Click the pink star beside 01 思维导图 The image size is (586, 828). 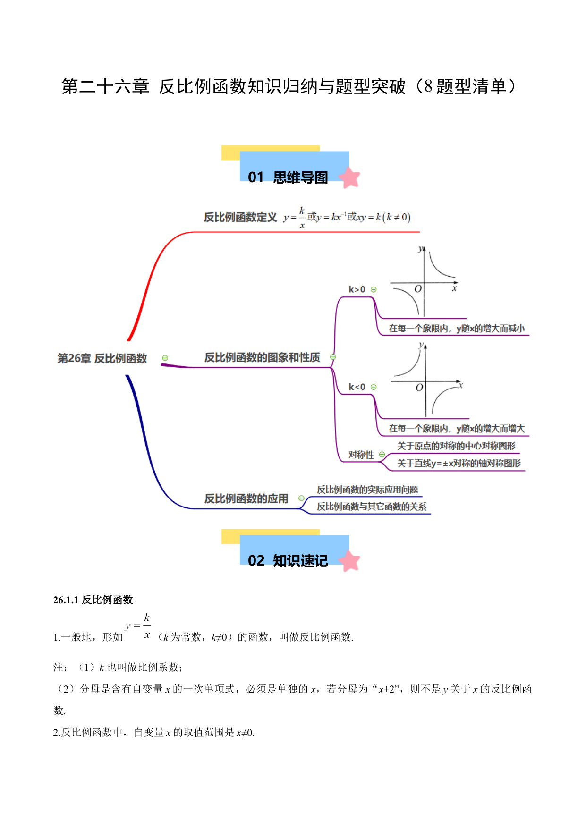click(350, 177)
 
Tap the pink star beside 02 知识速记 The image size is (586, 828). click(350, 561)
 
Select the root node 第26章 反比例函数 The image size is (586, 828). click(102, 358)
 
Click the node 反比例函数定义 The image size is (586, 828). click(240, 217)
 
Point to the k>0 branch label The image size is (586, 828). click(357, 289)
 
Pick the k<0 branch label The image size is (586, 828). click(357, 387)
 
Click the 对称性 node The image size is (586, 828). click(361, 455)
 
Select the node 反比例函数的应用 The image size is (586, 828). click(246, 498)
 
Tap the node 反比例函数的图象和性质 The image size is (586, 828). click(262, 357)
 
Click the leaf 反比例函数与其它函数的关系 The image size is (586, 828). click(372, 507)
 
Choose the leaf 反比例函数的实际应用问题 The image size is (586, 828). click(367, 490)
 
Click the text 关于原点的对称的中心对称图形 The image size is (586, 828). click(456, 446)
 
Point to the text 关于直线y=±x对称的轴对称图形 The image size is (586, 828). click(459, 463)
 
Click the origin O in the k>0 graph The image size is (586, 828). click(418, 289)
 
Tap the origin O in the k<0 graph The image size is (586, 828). click(419, 388)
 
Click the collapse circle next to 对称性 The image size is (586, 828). click(382, 455)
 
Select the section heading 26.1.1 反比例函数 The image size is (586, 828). click(93, 600)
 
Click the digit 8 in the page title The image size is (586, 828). click(428, 86)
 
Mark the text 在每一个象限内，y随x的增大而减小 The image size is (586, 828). click(457, 329)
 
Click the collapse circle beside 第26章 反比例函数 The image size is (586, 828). click(165, 358)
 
